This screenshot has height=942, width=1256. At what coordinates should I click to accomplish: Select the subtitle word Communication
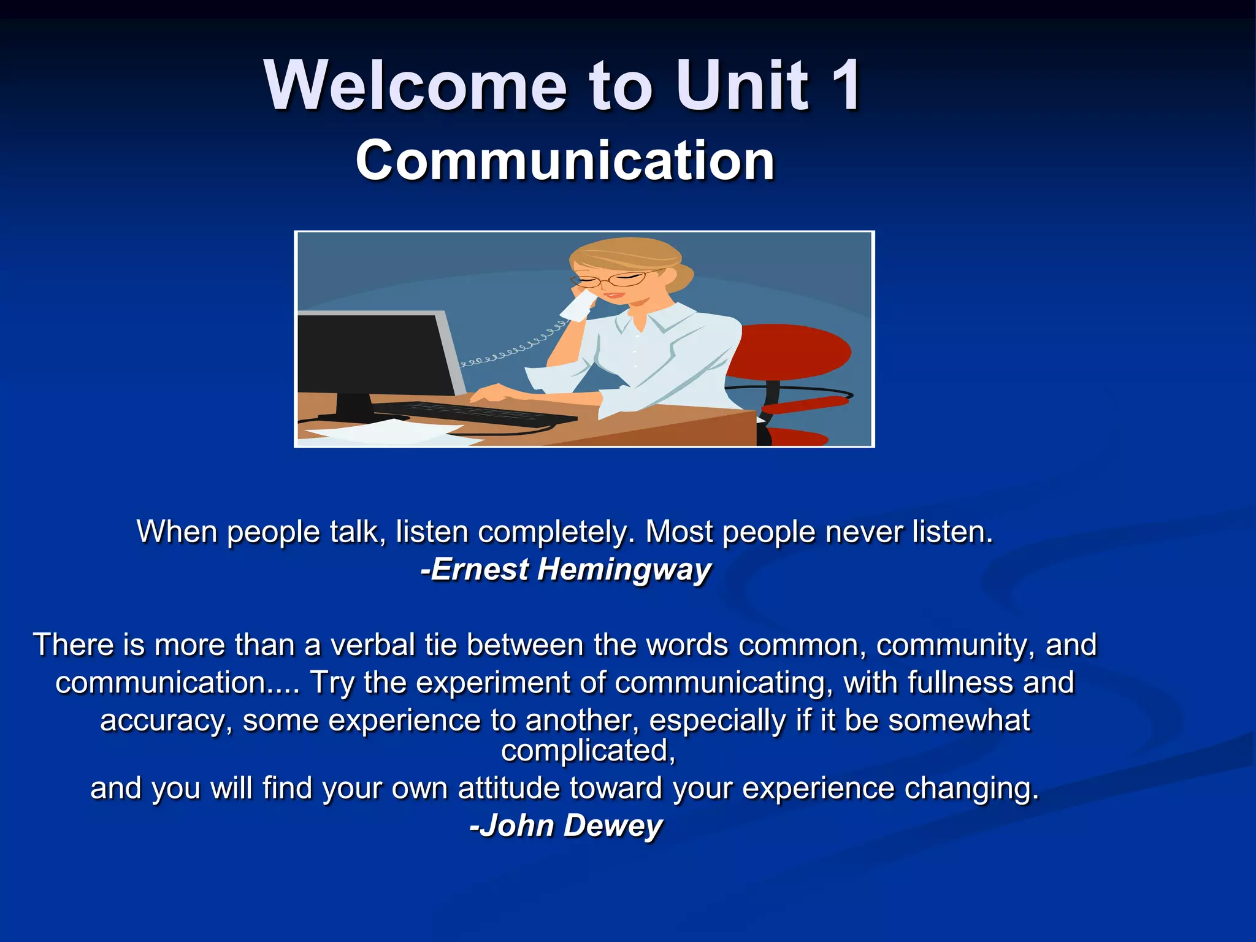coord(565,161)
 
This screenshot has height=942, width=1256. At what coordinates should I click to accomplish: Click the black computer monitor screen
coord(374,353)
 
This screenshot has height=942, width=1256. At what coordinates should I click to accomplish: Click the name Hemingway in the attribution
coord(624,569)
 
